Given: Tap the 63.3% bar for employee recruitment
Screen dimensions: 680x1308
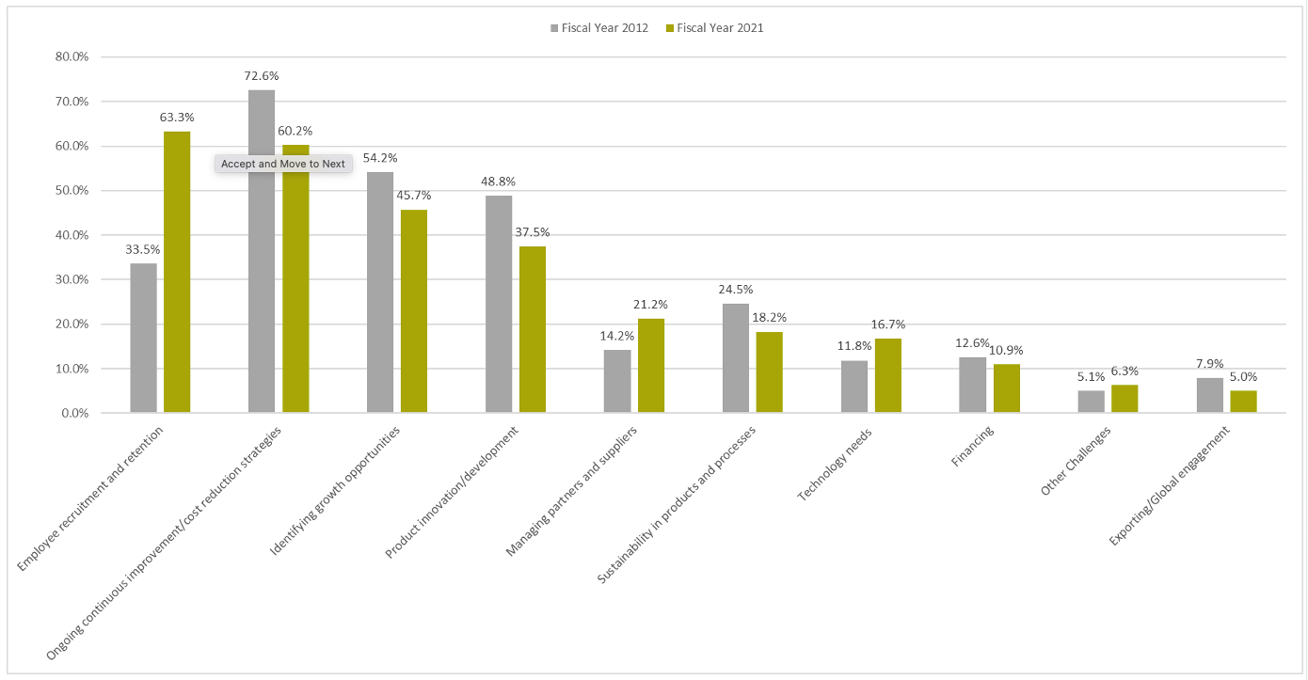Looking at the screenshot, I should tap(177, 272).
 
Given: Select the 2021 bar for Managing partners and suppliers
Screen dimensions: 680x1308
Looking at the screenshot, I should tap(651, 366).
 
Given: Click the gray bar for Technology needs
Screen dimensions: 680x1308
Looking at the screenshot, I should tap(854, 387).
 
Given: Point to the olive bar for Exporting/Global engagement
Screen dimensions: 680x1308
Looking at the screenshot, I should tap(1243, 402).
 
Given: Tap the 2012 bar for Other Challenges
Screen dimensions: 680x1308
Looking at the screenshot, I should tap(1092, 402).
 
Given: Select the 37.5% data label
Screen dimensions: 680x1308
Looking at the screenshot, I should tap(532, 232).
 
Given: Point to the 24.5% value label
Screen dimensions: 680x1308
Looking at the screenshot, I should tap(735, 290).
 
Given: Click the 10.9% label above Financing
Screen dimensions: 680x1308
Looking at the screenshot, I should tap(1007, 351).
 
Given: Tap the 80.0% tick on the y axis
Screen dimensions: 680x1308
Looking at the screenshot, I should tap(72, 56).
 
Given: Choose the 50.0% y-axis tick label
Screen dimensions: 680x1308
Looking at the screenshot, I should tap(72, 190).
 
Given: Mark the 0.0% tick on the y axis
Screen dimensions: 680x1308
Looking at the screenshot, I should tap(75, 413).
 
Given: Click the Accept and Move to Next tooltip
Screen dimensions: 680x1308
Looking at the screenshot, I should tap(283, 164).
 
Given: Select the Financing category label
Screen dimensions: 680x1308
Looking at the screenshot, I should tap(972, 447).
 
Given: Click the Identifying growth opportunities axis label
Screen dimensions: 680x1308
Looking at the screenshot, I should tap(336, 489).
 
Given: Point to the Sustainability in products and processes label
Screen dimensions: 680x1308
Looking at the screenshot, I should tap(677, 504).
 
